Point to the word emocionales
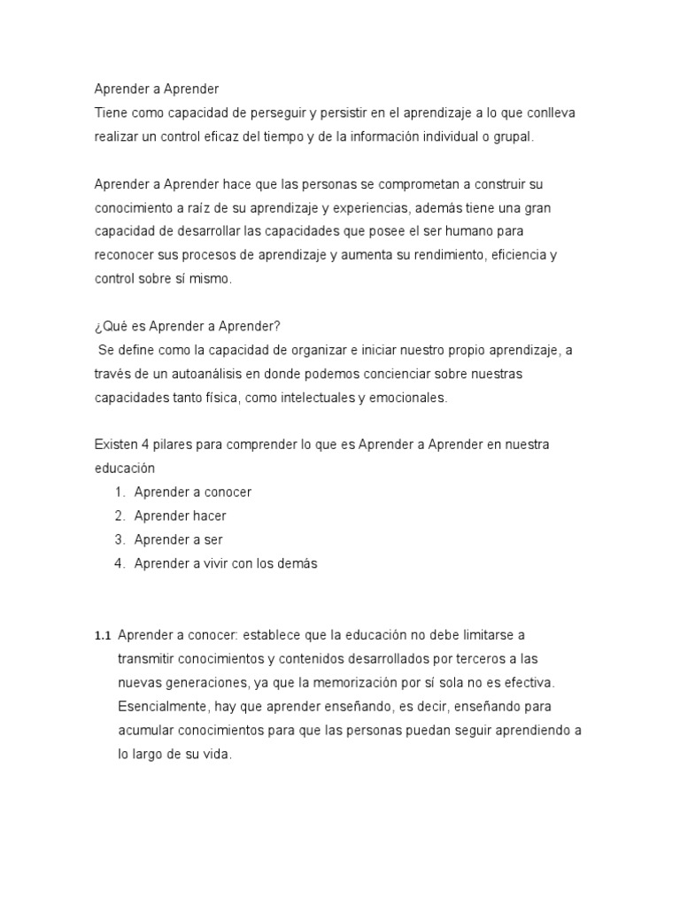coord(406,398)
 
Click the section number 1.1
coord(103,636)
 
